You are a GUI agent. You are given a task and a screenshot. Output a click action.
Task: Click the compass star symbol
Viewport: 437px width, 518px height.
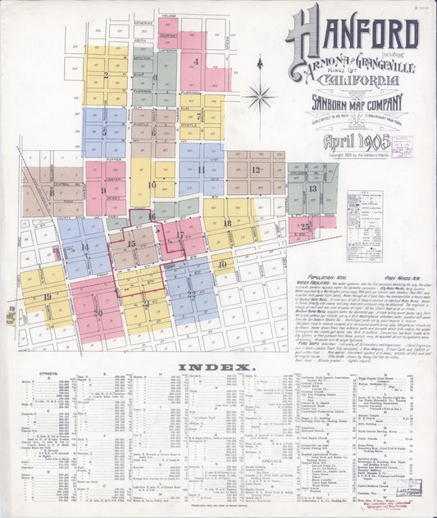[x=260, y=95]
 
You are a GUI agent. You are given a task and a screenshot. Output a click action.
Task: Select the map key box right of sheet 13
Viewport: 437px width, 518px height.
[x=364, y=214]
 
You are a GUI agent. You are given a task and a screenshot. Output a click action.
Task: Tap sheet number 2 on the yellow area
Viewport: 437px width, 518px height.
[x=106, y=75]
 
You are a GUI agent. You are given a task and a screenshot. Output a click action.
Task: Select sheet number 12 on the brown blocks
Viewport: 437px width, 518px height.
[x=256, y=170]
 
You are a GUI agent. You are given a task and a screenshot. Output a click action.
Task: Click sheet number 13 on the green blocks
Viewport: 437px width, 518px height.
[x=312, y=189]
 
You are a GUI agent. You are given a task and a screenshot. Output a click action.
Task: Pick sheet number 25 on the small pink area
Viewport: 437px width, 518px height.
[x=304, y=226]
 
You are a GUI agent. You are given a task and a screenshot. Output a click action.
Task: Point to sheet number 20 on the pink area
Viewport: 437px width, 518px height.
[x=98, y=312]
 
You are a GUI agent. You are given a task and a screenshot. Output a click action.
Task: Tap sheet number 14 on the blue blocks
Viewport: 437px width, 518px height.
[x=84, y=247]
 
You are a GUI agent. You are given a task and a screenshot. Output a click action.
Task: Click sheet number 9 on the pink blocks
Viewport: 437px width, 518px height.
[x=103, y=190]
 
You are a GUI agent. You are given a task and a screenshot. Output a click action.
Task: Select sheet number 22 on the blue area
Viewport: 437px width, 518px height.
[x=191, y=293]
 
